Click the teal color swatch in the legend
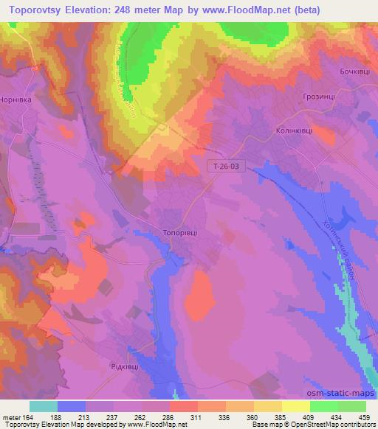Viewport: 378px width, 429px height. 44,405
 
